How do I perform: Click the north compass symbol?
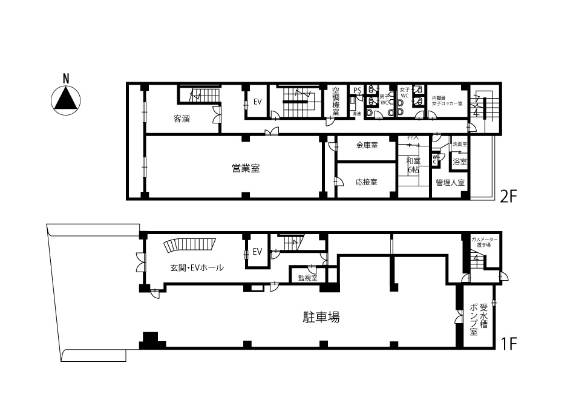point(66,98)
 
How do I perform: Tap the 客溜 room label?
point(182,119)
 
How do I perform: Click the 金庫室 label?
point(367,145)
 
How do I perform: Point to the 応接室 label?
point(367,181)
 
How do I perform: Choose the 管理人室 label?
point(450,182)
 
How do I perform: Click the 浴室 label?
point(460,162)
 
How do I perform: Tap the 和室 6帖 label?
point(413,165)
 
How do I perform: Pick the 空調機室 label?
point(336,101)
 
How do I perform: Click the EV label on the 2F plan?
point(257,102)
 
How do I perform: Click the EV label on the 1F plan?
point(257,252)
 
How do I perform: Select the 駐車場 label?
point(321,316)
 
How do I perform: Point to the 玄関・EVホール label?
point(197,267)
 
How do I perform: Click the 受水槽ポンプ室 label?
point(479,315)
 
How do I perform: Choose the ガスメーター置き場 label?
point(481,242)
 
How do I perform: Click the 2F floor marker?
point(508,197)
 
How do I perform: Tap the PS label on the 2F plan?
point(357,91)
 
